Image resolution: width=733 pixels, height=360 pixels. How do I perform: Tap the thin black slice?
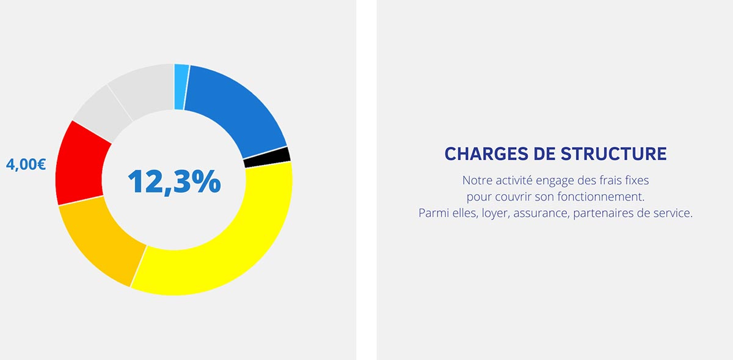coord(268,157)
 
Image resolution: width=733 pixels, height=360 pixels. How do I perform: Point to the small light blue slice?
coord(181,87)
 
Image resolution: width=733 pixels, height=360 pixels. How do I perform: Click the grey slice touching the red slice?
coord(102,113)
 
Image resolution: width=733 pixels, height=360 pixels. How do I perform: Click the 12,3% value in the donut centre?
coord(175,181)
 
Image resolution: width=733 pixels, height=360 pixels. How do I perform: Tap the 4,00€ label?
coord(26,164)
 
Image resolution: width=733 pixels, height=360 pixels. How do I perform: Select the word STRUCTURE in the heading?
coord(613,153)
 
